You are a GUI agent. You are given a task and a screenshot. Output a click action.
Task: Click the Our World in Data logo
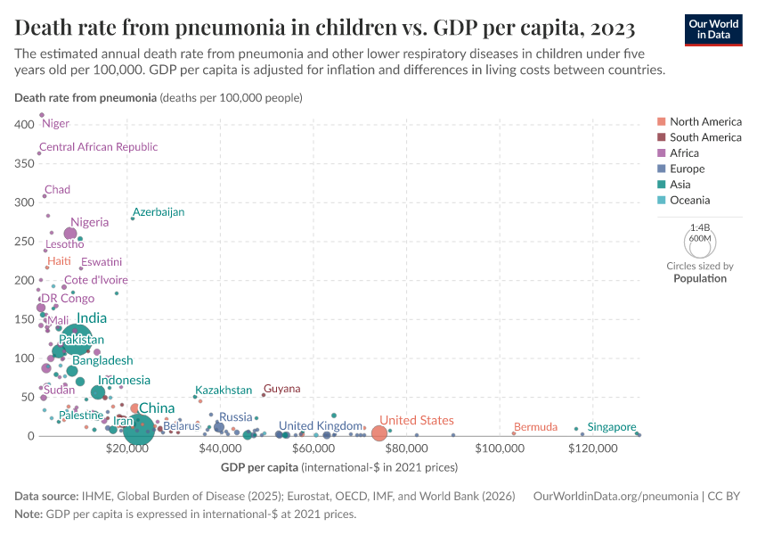(x=712, y=29)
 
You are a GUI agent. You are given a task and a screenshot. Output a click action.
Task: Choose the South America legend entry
(x=704, y=137)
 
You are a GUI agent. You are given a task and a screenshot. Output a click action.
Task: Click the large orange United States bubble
(x=378, y=433)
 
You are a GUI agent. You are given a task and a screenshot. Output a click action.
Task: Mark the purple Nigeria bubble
(x=70, y=234)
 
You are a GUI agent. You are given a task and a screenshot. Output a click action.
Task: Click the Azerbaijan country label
(x=159, y=212)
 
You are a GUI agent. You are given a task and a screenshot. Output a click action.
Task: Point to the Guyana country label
(x=281, y=390)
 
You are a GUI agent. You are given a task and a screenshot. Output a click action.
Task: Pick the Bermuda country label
(x=536, y=427)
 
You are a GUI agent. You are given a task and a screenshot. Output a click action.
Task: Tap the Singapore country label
(x=612, y=427)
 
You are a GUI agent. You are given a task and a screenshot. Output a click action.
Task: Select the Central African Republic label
(x=98, y=147)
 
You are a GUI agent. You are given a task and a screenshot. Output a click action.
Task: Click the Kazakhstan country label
(x=224, y=391)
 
